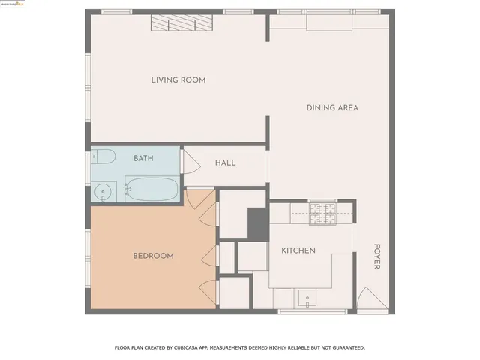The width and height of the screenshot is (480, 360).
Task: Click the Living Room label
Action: [178, 80]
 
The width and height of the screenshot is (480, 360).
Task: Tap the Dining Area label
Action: [332, 108]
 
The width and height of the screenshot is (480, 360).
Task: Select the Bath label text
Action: [143, 158]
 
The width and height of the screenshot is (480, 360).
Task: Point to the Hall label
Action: [225, 163]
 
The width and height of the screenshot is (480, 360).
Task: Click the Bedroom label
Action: [153, 256]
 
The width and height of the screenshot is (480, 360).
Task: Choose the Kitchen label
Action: [298, 250]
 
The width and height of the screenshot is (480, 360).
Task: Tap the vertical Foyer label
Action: [377, 256]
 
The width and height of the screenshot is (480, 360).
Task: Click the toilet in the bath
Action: [103, 157]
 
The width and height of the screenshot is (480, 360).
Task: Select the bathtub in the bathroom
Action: [151, 189]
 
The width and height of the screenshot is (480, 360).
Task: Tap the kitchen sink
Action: [307, 299]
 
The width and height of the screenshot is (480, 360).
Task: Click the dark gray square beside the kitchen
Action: [257, 222]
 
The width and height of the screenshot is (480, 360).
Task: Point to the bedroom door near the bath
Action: [201, 200]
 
